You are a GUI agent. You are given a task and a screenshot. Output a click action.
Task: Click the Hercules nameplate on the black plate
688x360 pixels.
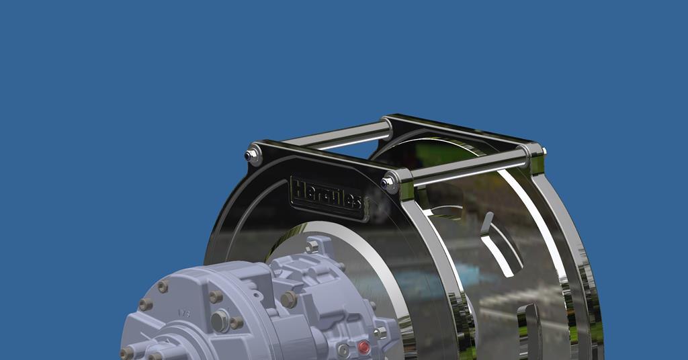coord(328,195)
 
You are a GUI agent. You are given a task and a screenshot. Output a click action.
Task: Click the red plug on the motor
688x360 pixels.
coord(363,347)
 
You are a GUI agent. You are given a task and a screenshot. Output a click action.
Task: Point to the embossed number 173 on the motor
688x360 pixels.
coord(182,313)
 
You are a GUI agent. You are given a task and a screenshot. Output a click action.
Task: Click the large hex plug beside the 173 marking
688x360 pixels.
coord(220,321)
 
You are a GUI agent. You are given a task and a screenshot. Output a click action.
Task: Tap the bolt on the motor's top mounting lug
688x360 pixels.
coord(311,247)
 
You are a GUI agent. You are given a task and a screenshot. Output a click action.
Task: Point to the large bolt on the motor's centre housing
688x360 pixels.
coord(288,300)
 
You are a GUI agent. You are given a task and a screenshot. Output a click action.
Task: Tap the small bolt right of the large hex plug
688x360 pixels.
coord(236,323)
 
